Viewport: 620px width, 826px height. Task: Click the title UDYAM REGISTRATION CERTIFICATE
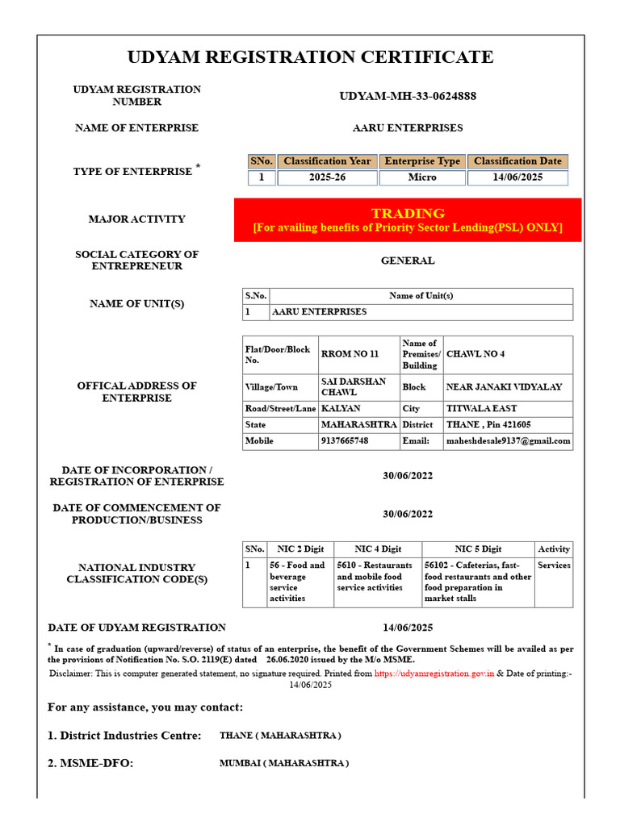[310, 57]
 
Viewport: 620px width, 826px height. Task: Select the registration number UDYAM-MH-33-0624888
[408, 96]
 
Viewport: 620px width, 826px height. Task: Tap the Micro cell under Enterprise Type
[421, 177]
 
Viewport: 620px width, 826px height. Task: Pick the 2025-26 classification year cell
[327, 177]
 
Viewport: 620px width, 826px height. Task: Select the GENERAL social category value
[408, 261]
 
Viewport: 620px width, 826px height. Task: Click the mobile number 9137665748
[345, 441]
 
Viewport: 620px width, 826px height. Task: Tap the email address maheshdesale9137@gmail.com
[509, 441]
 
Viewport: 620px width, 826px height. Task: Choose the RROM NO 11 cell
[350, 354]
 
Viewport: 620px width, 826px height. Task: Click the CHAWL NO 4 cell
[475, 354]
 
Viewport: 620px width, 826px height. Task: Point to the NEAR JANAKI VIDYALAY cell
[504, 387]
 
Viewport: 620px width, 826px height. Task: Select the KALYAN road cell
[341, 409]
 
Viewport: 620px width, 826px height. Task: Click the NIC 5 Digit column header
[478, 549]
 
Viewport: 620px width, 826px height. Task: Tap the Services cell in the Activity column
[554, 565]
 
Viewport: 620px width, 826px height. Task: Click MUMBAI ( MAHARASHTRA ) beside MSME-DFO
[284, 763]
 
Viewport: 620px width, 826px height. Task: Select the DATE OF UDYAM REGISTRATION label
[137, 628]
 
